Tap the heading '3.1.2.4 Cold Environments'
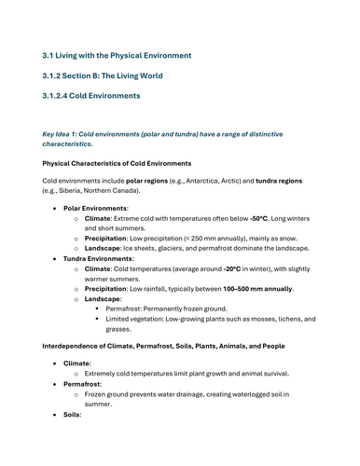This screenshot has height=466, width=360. pyautogui.click(x=91, y=95)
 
